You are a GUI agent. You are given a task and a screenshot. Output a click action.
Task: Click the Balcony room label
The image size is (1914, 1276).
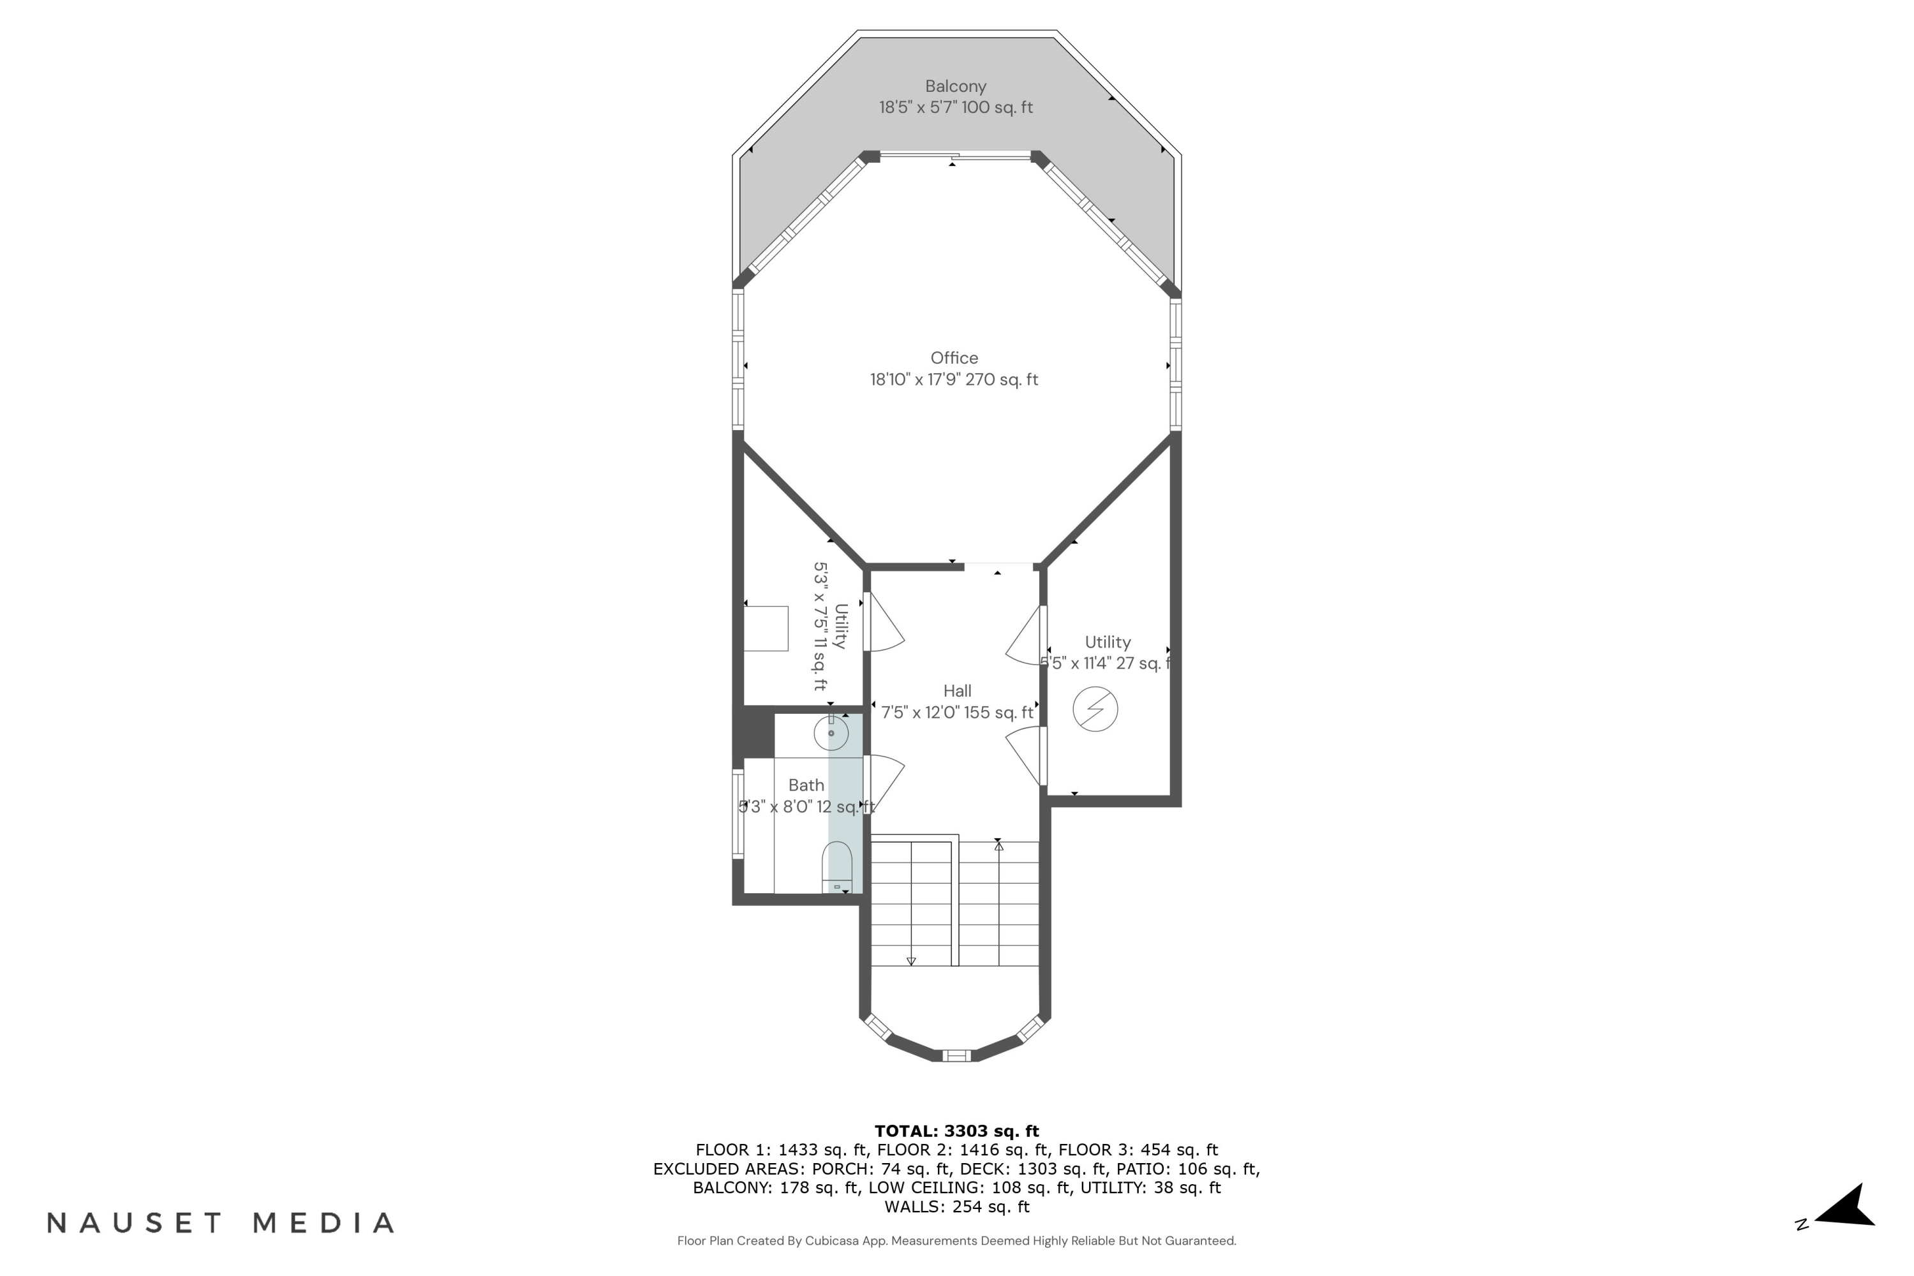(x=955, y=86)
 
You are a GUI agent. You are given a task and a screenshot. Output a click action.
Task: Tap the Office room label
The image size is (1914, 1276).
(x=954, y=358)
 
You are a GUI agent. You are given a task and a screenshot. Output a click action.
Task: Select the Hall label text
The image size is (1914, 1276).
(x=957, y=691)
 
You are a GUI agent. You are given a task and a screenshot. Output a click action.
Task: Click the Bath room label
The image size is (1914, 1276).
(x=806, y=785)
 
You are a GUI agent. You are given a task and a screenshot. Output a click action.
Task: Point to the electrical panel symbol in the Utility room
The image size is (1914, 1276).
(x=1095, y=709)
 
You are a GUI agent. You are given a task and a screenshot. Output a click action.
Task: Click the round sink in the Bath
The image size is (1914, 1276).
(x=831, y=733)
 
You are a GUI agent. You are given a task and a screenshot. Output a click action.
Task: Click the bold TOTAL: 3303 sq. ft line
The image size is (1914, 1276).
(x=956, y=1131)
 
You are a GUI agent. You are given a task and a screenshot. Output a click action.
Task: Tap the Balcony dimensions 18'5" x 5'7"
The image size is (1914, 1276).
(x=955, y=107)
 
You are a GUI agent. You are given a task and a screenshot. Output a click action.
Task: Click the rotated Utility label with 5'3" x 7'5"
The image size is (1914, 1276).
(x=830, y=627)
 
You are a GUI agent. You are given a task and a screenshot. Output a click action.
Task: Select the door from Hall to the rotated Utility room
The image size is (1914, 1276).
(x=884, y=623)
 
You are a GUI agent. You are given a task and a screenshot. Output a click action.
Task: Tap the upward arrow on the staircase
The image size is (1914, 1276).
(x=998, y=847)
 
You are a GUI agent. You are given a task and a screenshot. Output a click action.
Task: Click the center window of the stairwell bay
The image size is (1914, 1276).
(x=956, y=1057)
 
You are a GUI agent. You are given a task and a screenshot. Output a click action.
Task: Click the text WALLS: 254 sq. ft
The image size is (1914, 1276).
(x=956, y=1207)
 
